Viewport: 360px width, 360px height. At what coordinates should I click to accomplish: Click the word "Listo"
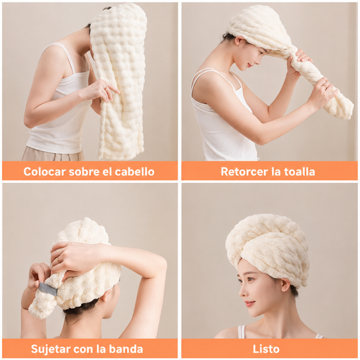point(266,349)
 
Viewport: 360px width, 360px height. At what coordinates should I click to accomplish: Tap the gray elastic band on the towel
point(48,289)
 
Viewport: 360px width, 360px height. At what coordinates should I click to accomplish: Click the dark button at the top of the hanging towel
point(107,9)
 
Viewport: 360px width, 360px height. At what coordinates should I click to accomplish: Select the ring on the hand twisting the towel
point(324,86)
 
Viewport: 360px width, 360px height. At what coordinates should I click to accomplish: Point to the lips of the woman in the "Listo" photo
point(249,303)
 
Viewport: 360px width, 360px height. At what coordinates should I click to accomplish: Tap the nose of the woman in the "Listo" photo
point(242,292)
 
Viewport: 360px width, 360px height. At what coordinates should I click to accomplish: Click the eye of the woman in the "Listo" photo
point(250,280)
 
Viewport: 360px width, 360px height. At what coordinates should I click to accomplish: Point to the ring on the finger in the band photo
point(59,259)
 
